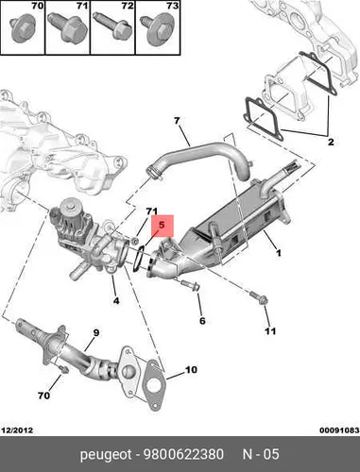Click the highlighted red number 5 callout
click(163, 226)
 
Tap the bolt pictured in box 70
click(23, 30)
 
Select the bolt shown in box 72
click(113, 25)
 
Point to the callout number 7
click(177, 121)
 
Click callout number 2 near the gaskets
click(331, 142)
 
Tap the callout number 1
click(278, 252)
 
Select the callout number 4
click(116, 300)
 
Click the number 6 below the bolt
click(202, 321)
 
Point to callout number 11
click(270, 331)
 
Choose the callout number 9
click(96, 332)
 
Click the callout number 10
click(191, 369)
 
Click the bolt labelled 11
click(259, 297)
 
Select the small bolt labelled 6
click(190, 285)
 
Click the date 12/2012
click(17, 430)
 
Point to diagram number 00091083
click(339, 430)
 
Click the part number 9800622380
click(183, 454)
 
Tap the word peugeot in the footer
click(106, 455)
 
